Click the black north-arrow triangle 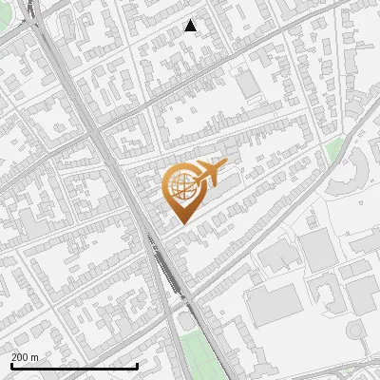tap(191, 26)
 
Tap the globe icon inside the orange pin tap(180, 185)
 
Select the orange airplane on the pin tap(210, 173)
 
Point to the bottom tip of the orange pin tap(180, 223)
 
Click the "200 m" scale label tap(26, 356)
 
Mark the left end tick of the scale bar tap(10, 365)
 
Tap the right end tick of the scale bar tap(138, 365)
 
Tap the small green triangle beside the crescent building tap(333, 149)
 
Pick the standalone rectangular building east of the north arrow tap(250, 85)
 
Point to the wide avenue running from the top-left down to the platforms tap(95, 123)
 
